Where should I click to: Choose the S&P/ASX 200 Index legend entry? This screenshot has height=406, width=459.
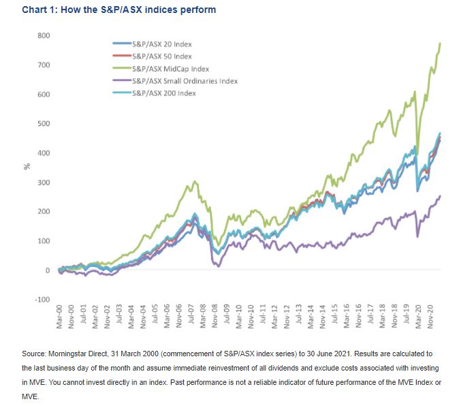tap(159, 93)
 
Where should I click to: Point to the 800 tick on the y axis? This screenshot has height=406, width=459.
tap(44, 35)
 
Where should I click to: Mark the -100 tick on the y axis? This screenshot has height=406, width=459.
tap(42, 300)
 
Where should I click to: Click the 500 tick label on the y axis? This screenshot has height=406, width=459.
tap(44, 124)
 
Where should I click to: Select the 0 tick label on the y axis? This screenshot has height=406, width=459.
tap(48, 270)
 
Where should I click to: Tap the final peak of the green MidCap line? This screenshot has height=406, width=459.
tap(440, 44)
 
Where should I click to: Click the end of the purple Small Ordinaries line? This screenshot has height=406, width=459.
tap(440, 196)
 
